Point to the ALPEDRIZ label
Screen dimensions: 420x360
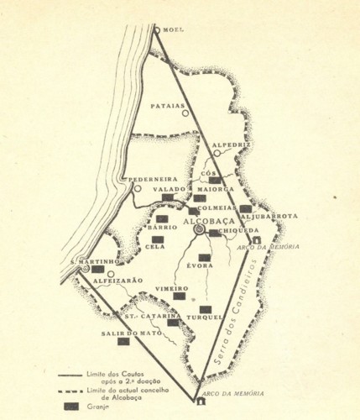click(232, 145)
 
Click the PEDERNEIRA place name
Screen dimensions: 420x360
click(150, 178)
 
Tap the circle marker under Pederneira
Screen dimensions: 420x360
click(138, 189)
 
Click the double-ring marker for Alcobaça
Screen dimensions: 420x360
click(199, 228)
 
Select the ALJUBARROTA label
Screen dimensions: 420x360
click(271, 217)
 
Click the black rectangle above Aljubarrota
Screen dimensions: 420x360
click(245, 208)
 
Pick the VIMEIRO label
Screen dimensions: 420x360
click(171, 287)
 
